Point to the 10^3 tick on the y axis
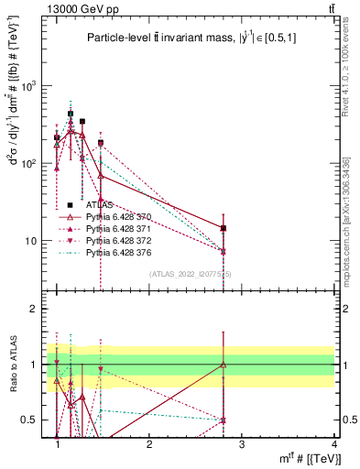click(31, 86)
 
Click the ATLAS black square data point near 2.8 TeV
click(224, 228)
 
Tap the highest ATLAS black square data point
click(71, 115)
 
